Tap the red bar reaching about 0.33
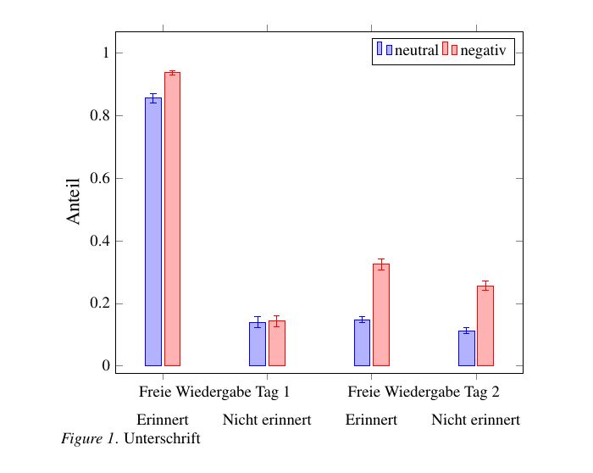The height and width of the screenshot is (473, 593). coord(381,314)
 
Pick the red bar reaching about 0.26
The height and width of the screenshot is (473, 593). coord(485,326)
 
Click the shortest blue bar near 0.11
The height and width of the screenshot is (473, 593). coord(466,348)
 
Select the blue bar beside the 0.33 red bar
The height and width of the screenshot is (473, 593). coord(362,342)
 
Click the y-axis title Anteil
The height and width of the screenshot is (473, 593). coord(74,201)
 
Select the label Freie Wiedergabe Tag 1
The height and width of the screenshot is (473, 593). coord(214,392)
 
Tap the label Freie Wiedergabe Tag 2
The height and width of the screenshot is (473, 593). coord(424,392)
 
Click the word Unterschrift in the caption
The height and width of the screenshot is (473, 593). coord(162,439)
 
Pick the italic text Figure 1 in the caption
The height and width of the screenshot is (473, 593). coord(87,439)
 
